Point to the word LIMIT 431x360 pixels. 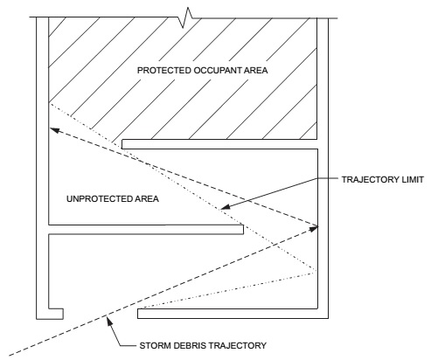413,180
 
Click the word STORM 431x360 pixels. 156,346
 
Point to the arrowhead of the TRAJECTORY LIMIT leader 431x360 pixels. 225,207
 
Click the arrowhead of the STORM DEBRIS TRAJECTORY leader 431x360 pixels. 109,320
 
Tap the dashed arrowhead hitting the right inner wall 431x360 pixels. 314,228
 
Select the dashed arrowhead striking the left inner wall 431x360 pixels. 54,130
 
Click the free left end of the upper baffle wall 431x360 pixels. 122,144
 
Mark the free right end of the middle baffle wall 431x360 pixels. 243,229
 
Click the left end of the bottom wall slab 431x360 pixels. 138,314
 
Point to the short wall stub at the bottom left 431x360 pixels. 56,314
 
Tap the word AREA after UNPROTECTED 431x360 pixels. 147,199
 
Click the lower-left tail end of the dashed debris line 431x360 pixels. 10,355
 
